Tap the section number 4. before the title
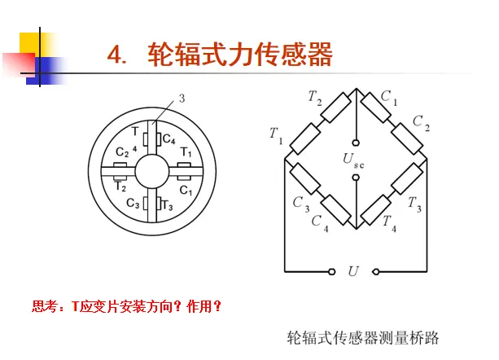pos(119,55)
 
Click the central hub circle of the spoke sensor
pos(152,173)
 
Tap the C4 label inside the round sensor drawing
pos(169,139)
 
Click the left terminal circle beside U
pos(331,270)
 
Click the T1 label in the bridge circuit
pos(276,135)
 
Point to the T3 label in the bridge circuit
pos(415,202)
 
